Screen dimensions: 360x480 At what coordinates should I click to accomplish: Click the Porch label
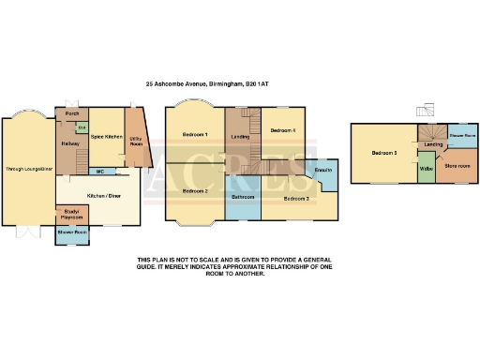[x=71, y=115]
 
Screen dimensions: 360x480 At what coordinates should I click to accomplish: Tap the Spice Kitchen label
[x=106, y=137]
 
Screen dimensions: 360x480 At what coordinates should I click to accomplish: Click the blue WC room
[x=99, y=171]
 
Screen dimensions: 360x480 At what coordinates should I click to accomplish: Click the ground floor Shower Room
[x=71, y=232]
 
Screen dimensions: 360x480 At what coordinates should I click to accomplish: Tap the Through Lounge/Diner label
[x=28, y=169]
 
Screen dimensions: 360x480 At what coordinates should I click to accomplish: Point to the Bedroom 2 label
[x=194, y=190]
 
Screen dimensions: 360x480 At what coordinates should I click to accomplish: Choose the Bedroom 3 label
[x=296, y=199]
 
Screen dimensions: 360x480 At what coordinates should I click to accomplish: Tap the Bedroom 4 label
[x=282, y=130]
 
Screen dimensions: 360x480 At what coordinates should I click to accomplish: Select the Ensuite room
[x=324, y=170]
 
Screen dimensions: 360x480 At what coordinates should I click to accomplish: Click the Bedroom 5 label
[x=383, y=152]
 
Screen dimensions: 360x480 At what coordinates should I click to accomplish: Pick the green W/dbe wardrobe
[x=425, y=169]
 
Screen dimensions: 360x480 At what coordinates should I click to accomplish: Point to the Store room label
[x=457, y=166]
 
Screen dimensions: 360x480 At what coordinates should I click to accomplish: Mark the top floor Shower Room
[x=461, y=135]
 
